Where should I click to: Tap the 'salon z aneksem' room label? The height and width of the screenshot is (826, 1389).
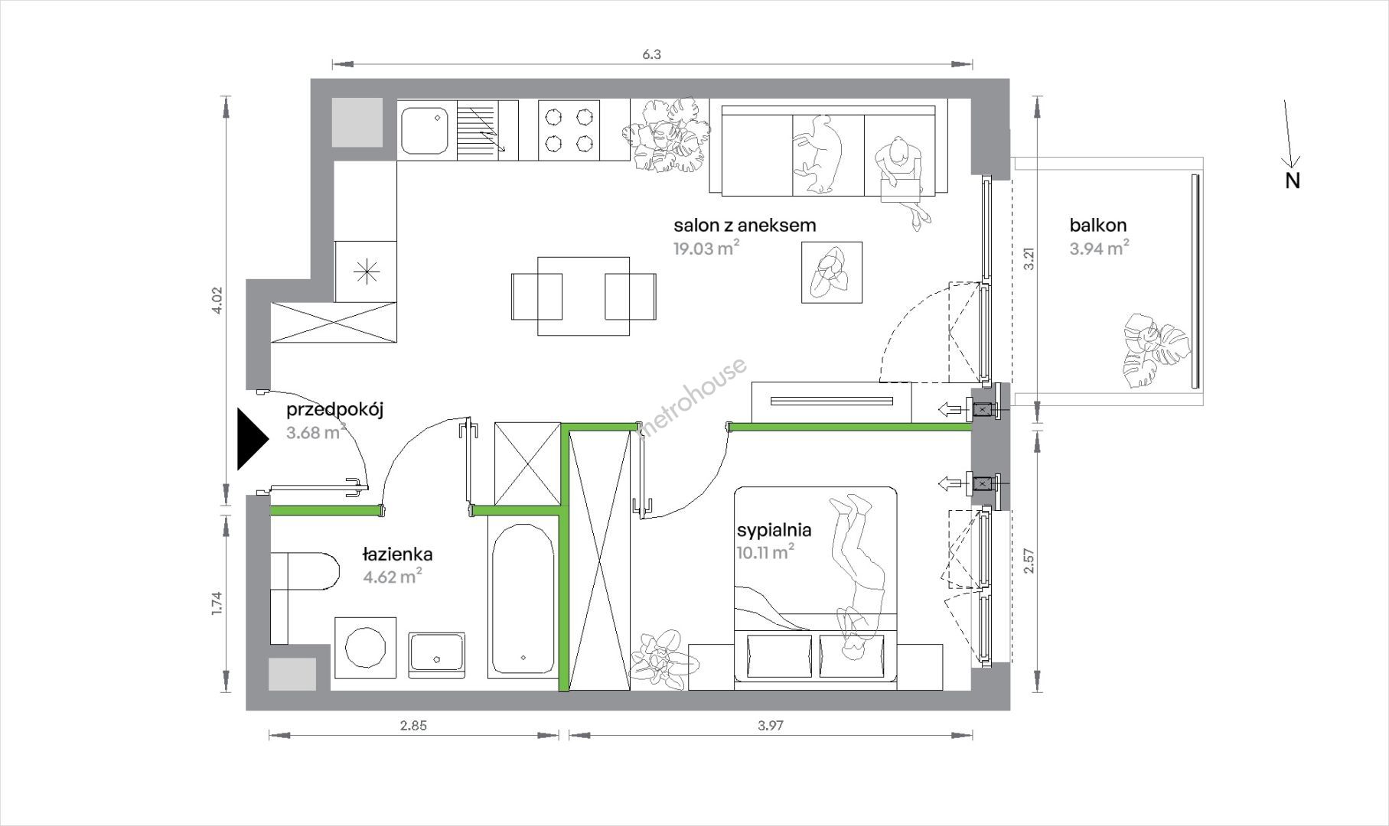745,226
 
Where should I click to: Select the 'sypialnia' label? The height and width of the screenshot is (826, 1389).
774,530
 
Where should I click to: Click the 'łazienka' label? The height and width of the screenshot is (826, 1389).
398,554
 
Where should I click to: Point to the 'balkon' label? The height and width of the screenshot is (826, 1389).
1098,226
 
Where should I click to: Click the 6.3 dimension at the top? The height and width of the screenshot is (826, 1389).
651,54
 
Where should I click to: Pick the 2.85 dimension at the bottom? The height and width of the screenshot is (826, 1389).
413,726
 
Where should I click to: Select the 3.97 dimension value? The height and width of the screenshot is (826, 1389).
771,726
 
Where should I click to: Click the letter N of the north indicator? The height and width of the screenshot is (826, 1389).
1293,181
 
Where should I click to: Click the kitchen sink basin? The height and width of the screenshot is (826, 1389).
426,130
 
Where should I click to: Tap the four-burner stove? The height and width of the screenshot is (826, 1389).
568,131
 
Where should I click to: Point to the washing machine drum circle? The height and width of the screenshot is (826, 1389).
365,647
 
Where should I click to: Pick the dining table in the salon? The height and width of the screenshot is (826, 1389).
584,296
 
